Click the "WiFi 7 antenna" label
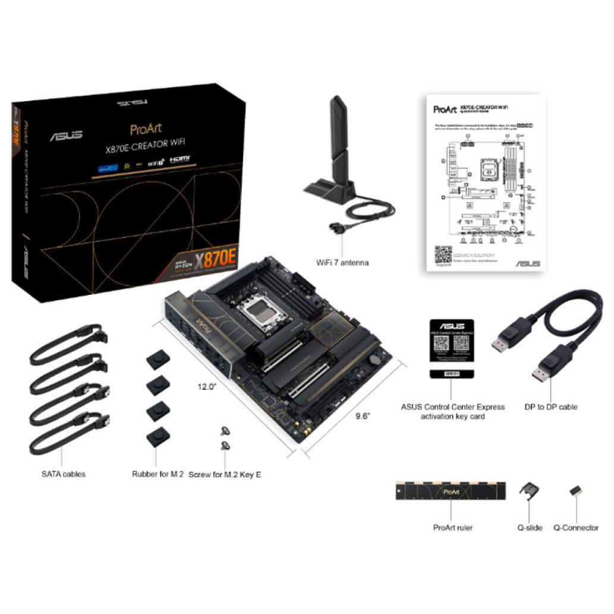pos(343,262)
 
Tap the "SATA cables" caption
pos(63,474)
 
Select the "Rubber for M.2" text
pos(158,474)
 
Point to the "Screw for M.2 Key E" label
pos(225,474)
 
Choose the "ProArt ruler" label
pos(453,527)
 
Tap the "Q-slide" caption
pos(530,527)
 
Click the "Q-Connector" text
pos(576,527)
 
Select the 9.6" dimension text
pos(363,416)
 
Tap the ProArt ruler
pos(451,491)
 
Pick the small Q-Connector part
pos(575,491)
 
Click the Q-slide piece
pos(529,490)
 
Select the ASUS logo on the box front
pos(67,136)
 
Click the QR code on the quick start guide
pos(443,254)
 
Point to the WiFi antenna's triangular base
pos(330,191)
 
